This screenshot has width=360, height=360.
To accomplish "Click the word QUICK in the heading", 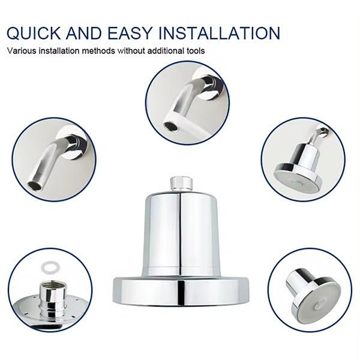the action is point(34,33).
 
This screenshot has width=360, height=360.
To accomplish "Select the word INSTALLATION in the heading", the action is point(220,33).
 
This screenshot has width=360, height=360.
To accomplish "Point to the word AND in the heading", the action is point(84,33).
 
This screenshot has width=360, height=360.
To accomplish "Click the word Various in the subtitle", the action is point(22,50).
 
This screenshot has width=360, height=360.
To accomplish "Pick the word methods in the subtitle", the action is point(98,50).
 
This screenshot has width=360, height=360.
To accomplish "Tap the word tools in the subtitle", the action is point(195,50).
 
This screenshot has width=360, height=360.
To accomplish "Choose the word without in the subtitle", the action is point(131,50).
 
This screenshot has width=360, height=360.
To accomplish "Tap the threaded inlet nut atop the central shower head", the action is point(181,184).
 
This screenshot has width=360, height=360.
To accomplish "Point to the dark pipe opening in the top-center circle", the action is point(169,126).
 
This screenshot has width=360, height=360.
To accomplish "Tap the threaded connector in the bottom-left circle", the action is point(50,298).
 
